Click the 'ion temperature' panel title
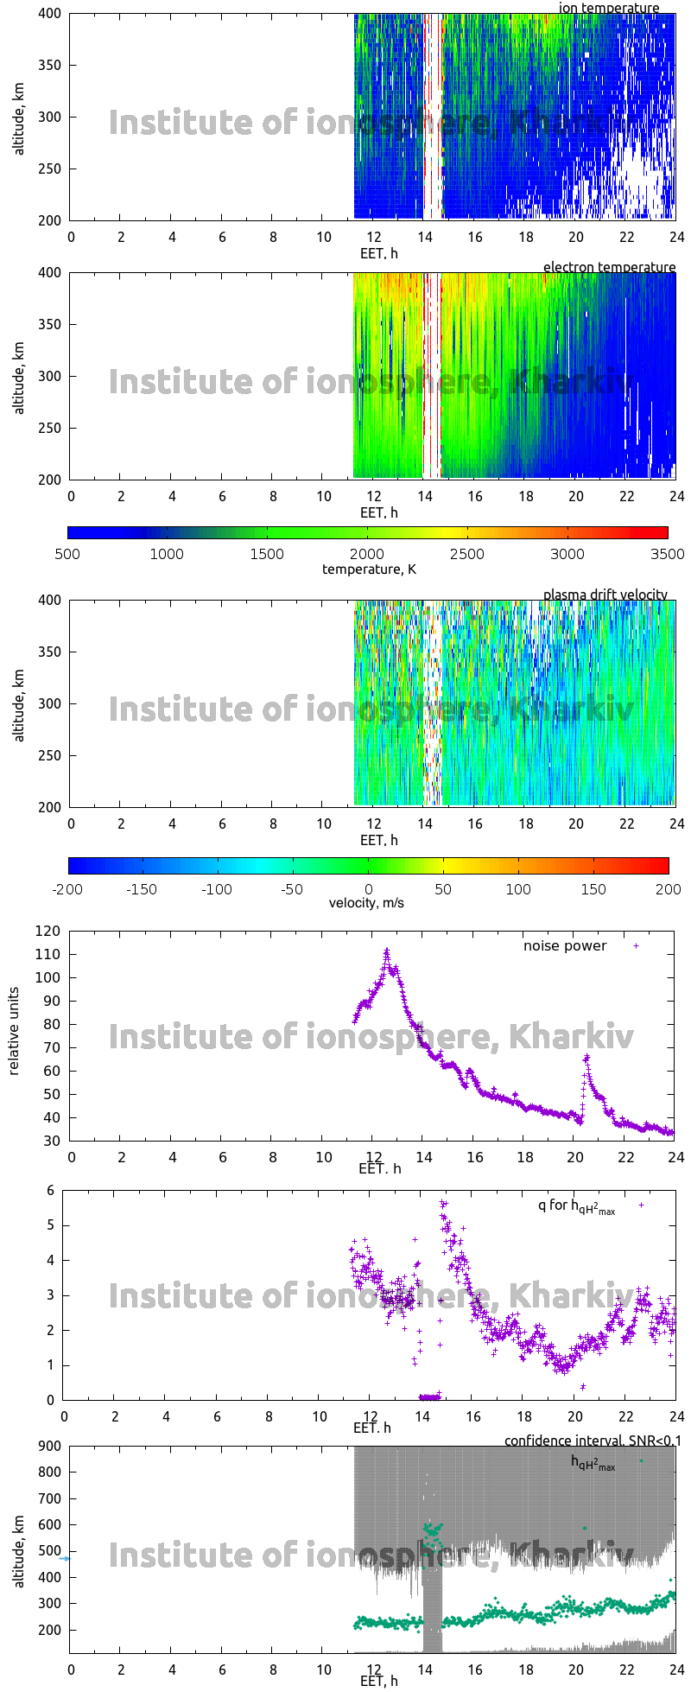[x=609, y=9]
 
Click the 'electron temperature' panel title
[x=609, y=268]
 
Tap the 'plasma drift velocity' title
[x=605, y=595]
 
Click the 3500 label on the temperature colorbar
[x=668, y=554]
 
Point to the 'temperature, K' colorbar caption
[x=369, y=569]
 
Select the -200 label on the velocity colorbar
[x=67, y=889]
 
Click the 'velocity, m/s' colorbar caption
[x=366, y=903]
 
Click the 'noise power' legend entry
[x=565, y=945]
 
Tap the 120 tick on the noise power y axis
[x=49, y=931]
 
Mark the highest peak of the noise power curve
[x=387, y=951]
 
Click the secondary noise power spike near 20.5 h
[x=586, y=1057]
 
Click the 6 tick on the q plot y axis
[x=51, y=1190]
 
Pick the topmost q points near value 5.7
[x=443, y=1203]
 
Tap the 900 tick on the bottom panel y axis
[x=51, y=1447]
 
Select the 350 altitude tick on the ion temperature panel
[x=49, y=65]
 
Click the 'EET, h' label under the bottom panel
[x=379, y=1681]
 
